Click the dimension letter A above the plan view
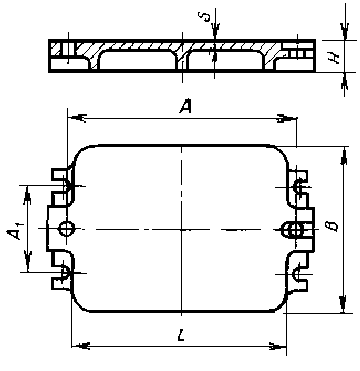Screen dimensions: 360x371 [x=186, y=106]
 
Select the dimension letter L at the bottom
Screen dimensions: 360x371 [x=181, y=334]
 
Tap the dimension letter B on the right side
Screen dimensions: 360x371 [x=333, y=226]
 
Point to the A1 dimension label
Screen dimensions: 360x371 [x=15, y=231]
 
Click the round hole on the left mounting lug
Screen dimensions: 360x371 [x=66, y=229]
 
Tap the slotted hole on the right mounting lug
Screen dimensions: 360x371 [x=293, y=230]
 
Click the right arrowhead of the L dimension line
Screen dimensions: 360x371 [x=278, y=346]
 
